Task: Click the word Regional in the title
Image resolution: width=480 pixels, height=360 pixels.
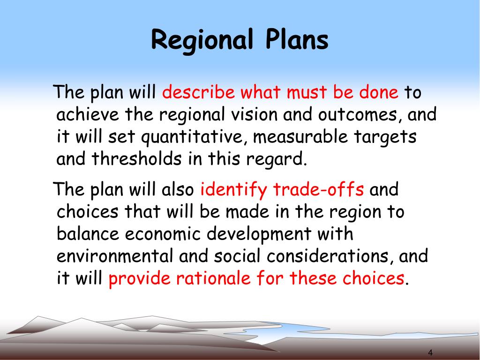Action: pos(202,40)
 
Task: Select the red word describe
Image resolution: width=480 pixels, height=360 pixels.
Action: pos(198,92)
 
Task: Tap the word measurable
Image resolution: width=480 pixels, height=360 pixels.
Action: pos(300,136)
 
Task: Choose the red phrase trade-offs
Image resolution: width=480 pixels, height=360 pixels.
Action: pos(318,189)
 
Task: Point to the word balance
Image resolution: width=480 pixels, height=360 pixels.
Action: pos(88,233)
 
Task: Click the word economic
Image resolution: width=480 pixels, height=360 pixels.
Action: pos(163,233)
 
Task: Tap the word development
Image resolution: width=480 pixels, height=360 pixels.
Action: pos(259,234)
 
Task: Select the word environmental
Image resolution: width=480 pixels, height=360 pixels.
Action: pos(115,256)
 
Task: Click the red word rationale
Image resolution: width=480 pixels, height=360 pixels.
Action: pos(213,278)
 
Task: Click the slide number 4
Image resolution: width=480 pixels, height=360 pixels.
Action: pos(430,352)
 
